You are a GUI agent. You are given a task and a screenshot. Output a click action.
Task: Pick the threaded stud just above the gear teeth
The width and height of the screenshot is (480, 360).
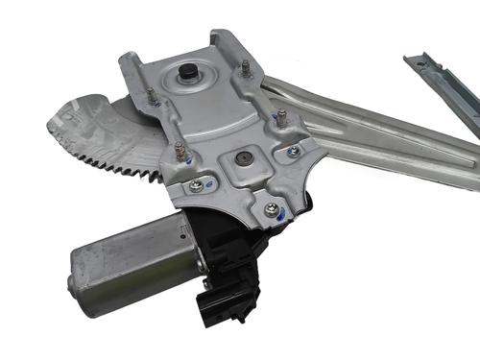coord(179,149)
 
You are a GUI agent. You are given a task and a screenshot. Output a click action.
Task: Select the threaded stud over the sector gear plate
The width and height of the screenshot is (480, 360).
coord(151,94)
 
